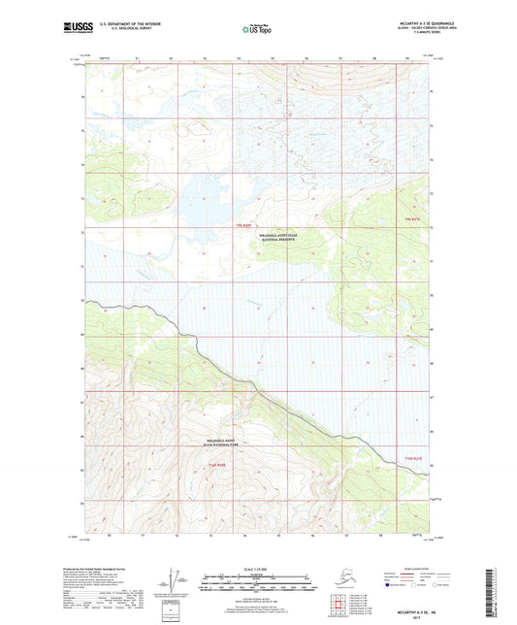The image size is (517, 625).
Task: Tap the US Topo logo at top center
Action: (258, 30)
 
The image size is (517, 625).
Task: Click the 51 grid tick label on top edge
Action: (140, 58)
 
